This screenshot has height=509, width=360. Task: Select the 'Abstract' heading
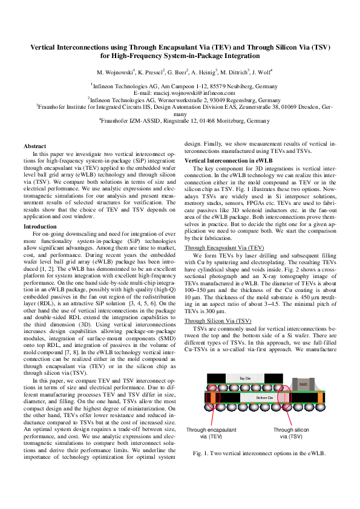coord(34,146)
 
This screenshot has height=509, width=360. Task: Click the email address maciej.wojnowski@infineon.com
coord(180,94)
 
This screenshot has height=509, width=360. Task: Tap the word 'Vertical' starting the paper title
coord(48,47)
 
